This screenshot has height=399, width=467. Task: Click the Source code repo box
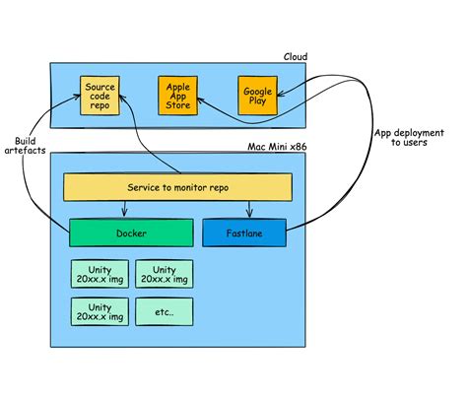[100, 96]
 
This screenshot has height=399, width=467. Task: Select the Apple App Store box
[177, 96]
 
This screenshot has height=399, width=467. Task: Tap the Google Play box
[258, 96]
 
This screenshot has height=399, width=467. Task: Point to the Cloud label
[296, 57]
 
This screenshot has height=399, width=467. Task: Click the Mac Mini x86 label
[277, 147]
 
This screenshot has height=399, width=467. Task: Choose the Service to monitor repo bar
[177, 187]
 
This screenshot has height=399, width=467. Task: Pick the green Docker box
[131, 233]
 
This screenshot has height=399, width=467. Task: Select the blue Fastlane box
[244, 233]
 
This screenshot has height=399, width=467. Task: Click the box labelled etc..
[165, 311]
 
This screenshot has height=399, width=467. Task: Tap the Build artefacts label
[25, 146]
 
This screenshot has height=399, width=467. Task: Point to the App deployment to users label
[409, 138]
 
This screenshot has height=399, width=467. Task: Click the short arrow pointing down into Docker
[124, 209]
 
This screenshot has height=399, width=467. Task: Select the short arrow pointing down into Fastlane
[249, 209]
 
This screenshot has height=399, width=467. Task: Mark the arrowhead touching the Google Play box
[281, 95]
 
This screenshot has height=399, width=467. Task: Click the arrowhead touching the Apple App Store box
[200, 100]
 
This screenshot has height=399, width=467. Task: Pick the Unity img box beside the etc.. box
[100, 311]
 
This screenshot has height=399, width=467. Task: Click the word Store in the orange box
[177, 105]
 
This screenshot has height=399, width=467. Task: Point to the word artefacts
[25, 151]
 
